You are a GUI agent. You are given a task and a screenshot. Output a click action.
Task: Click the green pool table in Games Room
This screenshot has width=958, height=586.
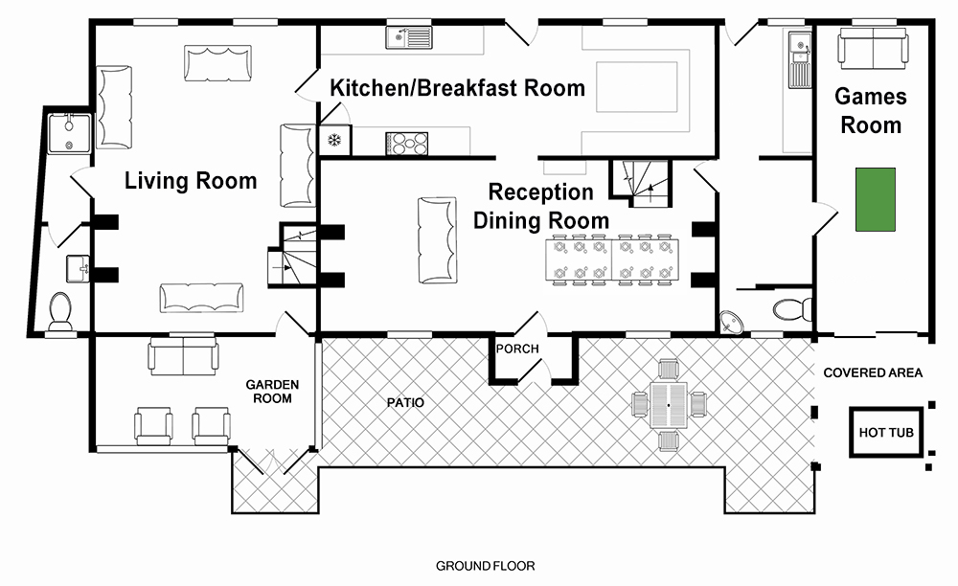click(875, 199)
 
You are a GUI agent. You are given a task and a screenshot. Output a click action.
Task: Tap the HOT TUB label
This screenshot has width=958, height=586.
click(886, 433)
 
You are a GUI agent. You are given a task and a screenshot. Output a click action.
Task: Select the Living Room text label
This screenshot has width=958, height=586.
click(191, 181)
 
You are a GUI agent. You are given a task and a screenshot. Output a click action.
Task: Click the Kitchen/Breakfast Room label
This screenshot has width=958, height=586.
click(458, 88)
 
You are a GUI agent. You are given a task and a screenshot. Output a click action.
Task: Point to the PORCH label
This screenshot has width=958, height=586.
click(517, 349)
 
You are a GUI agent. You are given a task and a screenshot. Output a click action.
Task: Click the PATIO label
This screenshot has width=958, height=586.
click(405, 403)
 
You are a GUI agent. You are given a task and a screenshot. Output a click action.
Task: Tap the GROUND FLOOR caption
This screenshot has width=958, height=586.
click(485, 566)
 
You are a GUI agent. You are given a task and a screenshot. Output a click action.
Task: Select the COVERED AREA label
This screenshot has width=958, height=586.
click(873, 373)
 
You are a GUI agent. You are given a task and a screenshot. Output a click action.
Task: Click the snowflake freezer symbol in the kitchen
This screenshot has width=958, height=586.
click(334, 141)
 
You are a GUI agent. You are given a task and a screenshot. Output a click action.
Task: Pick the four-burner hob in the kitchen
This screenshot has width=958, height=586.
click(406, 144)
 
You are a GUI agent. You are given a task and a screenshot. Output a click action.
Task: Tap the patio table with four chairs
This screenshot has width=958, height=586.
click(669, 405)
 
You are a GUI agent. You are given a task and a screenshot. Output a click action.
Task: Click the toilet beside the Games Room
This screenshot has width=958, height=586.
click(792, 309)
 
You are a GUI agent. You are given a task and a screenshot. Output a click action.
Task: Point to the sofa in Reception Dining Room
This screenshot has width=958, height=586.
click(438, 240)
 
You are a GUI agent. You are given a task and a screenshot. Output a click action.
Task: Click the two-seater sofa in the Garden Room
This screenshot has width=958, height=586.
click(183, 357)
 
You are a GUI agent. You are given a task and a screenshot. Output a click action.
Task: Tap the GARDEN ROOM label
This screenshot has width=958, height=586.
click(272, 392)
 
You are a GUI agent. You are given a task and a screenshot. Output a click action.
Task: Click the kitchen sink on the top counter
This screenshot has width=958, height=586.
click(409, 37)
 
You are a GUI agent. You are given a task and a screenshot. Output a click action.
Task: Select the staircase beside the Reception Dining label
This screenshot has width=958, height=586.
click(640, 183)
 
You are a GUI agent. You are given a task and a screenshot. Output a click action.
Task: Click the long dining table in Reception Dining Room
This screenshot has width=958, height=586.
click(611, 260)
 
